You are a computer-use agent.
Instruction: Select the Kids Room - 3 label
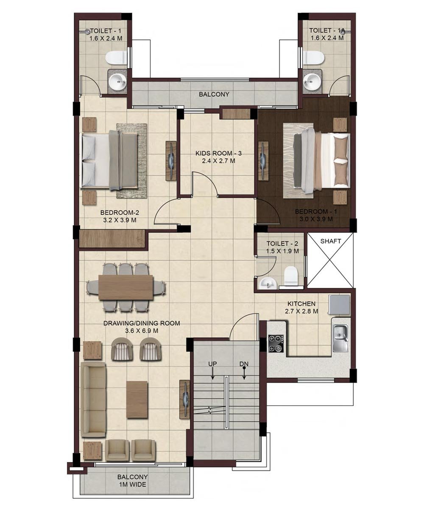219,153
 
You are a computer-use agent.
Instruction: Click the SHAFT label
331,241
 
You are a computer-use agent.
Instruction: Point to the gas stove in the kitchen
276,343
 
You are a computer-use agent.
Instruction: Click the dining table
126,287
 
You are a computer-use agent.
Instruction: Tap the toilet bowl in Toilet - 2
291,275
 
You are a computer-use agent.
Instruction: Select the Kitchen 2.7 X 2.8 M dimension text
301,311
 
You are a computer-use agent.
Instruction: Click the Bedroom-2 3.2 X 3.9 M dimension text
120,220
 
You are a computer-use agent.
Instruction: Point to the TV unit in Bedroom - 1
263,160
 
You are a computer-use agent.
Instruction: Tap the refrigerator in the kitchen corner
339,305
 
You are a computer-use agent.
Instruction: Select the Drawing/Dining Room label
142,323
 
